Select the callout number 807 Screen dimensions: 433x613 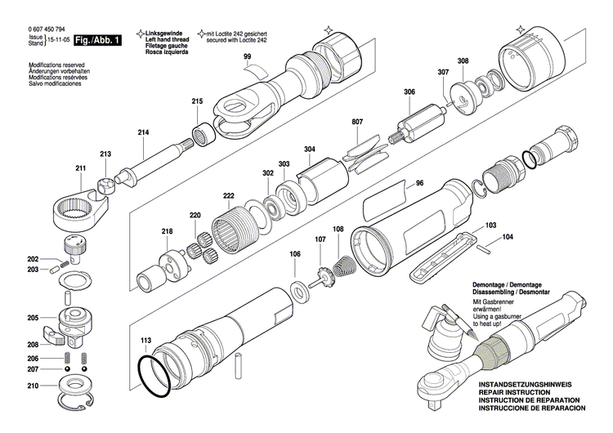click(x=357, y=123)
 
